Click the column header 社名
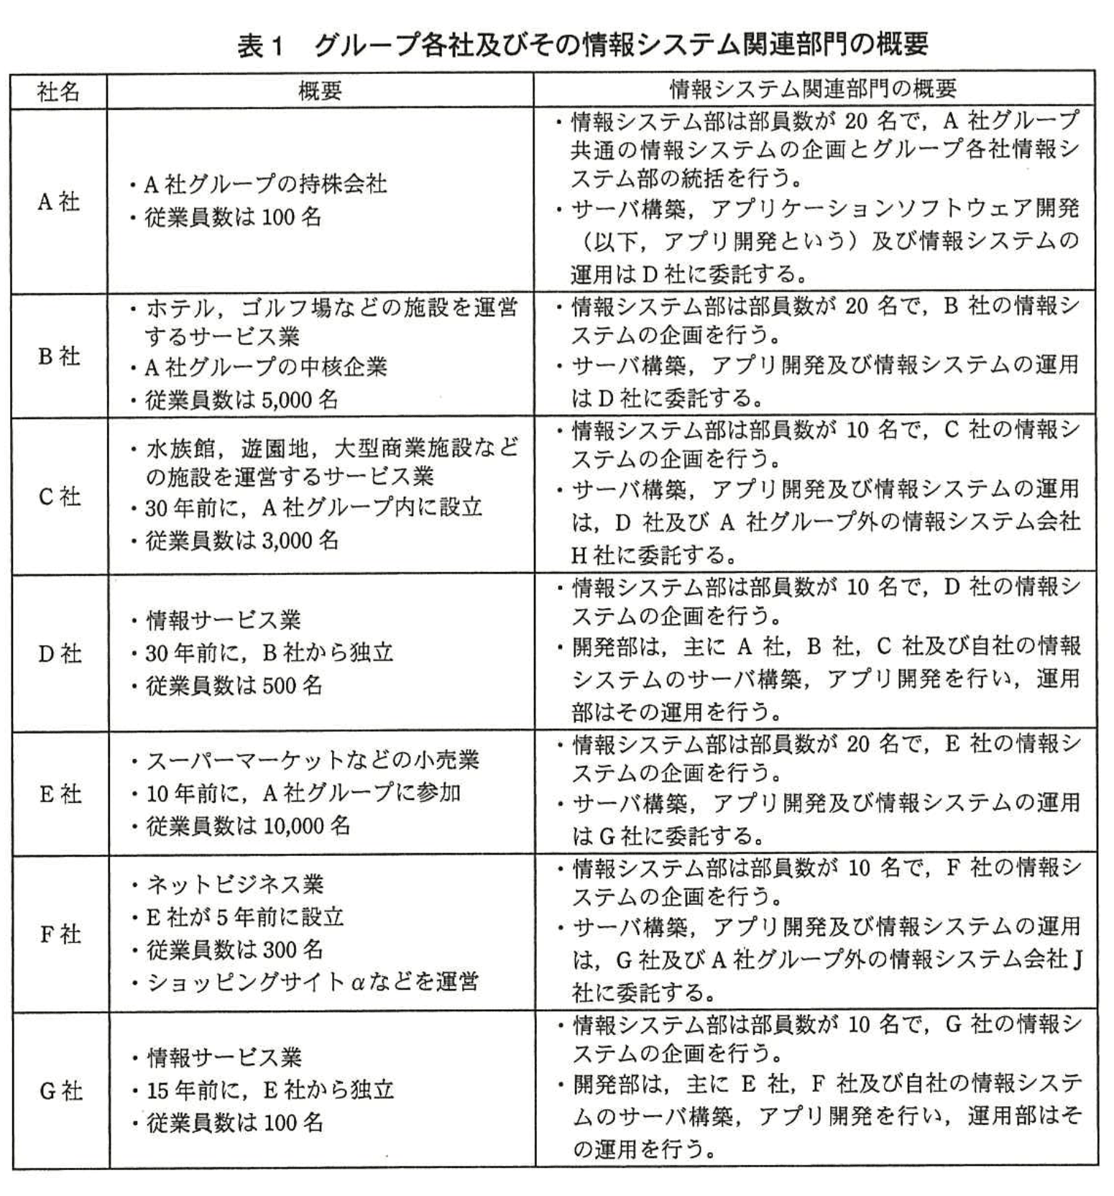pos(58,91)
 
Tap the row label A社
pos(58,201)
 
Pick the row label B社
pos(58,356)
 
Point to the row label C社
pos(59,496)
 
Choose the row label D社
pos(59,653)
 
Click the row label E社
pos(59,793)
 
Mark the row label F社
pos(59,934)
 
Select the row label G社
pos(60,1091)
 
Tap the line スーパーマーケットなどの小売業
pos(313,760)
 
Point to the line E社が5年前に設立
pos(244,916)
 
